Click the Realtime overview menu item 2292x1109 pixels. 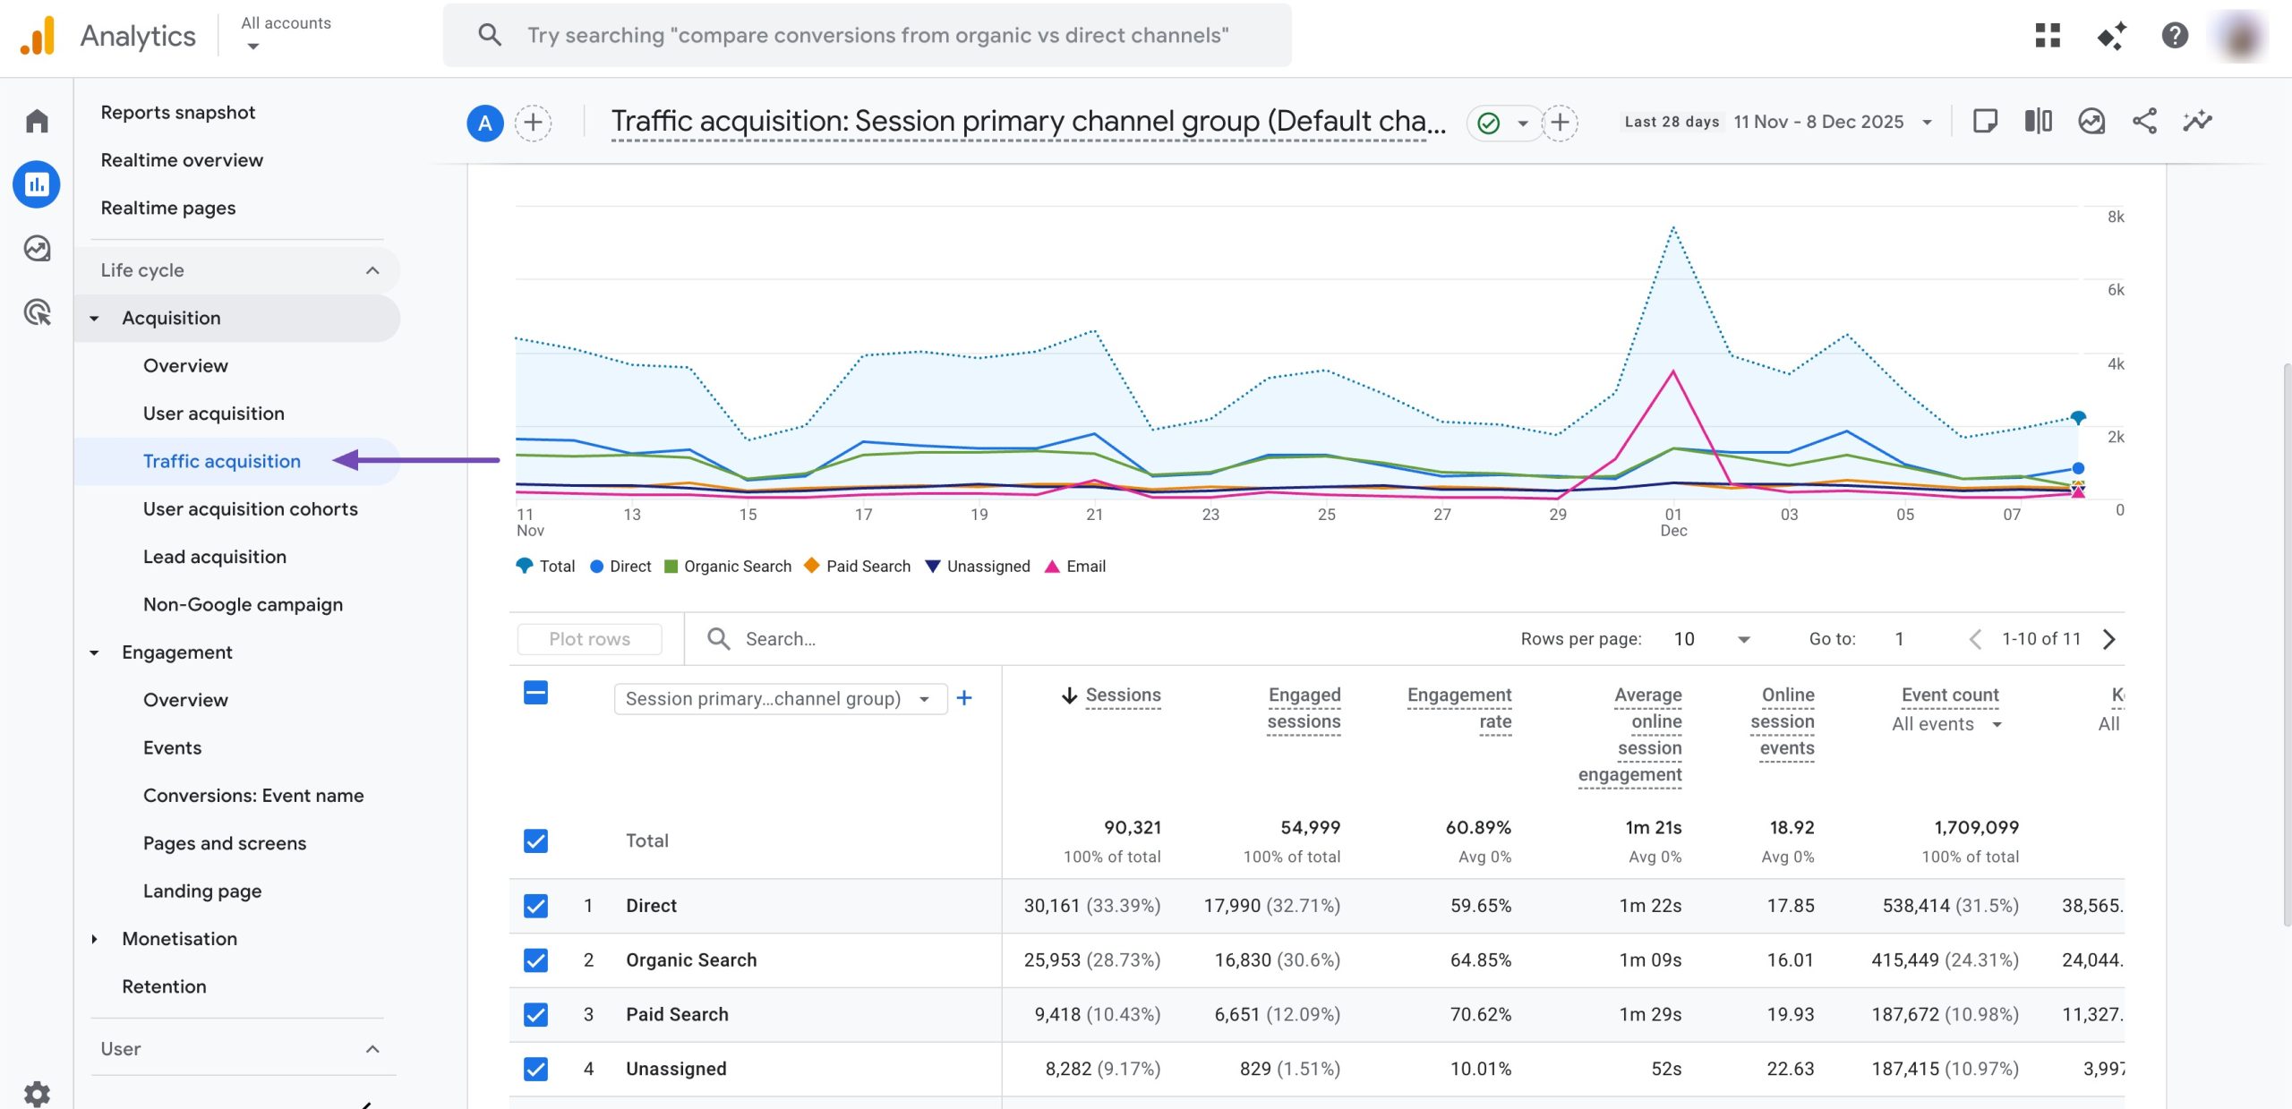pyautogui.click(x=182, y=160)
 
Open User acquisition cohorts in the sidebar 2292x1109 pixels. pyautogui.click(x=250, y=508)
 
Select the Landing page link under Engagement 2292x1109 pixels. pyautogui.click(x=202, y=891)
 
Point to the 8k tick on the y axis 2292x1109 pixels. pyautogui.click(x=2115, y=217)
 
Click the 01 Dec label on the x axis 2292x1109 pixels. pyautogui.click(x=1672, y=521)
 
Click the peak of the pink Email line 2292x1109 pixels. pyautogui.click(x=1672, y=371)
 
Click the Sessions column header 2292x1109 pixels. pyautogui.click(x=1122, y=695)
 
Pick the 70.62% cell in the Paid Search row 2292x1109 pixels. pyautogui.click(x=1480, y=1014)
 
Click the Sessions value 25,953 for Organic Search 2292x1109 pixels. pyautogui.click(x=1052, y=960)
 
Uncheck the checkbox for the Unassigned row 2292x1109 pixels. pyautogui.click(x=535, y=1069)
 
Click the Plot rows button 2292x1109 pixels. pyautogui.click(x=589, y=638)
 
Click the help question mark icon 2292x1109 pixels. pyautogui.click(x=2174, y=36)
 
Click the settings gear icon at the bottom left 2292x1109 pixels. pyautogui.click(x=37, y=1092)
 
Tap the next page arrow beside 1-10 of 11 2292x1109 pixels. pyautogui.click(x=2108, y=638)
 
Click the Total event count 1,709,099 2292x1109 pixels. pyautogui.click(x=1975, y=827)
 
